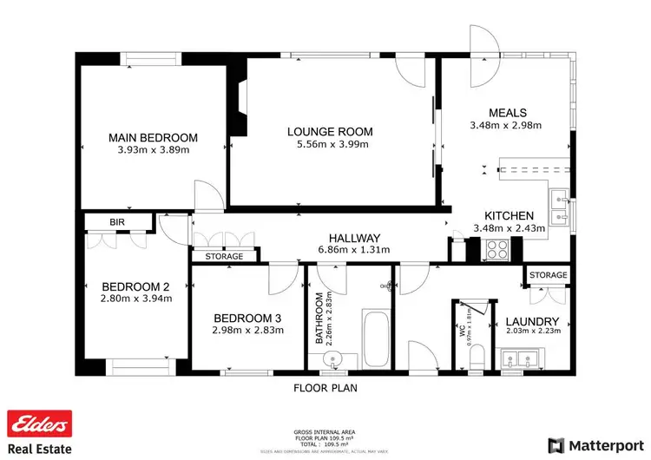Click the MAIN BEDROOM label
(x=153, y=137)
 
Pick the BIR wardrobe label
(x=117, y=223)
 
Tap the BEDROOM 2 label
(x=135, y=286)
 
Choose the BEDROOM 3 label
(x=247, y=317)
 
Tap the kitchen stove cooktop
(x=497, y=250)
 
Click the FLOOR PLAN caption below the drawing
(x=325, y=388)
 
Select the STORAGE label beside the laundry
(x=548, y=275)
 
